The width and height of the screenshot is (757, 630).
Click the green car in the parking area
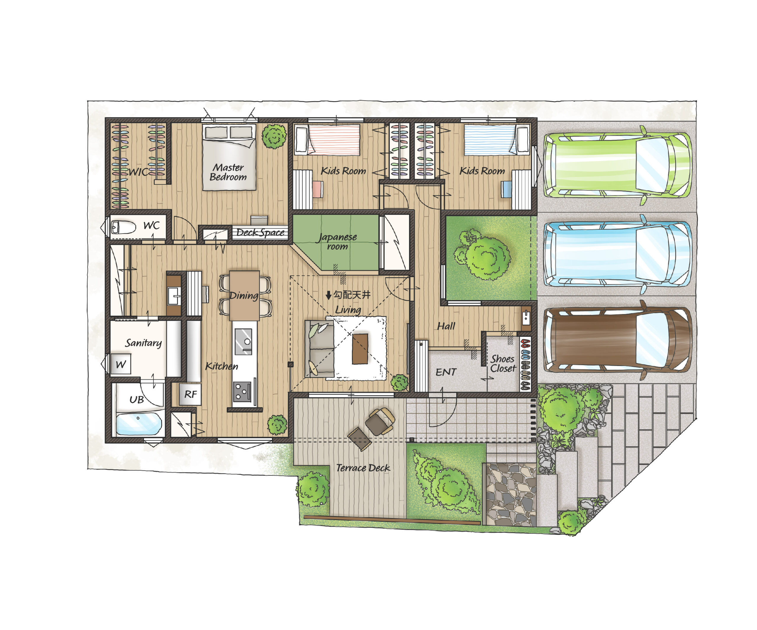click(x=617, y=165)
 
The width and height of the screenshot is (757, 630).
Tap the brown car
click(x=617, y=341)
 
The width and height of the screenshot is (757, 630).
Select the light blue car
click(x=617, y=254)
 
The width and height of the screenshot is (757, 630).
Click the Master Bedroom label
click(x=228, y=172)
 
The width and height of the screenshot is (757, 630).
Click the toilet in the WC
click(x=123, y=227)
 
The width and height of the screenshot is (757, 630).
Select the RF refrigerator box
click(x=190, y=394)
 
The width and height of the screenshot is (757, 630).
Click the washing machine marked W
click(x=121, y=365)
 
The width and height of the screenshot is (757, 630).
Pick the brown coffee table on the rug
click(x=360, y=349)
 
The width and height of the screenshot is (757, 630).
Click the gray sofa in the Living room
click(x=319, y=349)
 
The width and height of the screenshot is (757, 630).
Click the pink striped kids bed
click(x=328, y=140)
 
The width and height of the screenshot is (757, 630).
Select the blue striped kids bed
click(x=497, y=140)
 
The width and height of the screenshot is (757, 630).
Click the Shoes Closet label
click(x=503, y=363)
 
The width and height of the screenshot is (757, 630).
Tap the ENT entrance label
click(x=446, y=372)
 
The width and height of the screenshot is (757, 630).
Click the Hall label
click(x=446, y=326)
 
